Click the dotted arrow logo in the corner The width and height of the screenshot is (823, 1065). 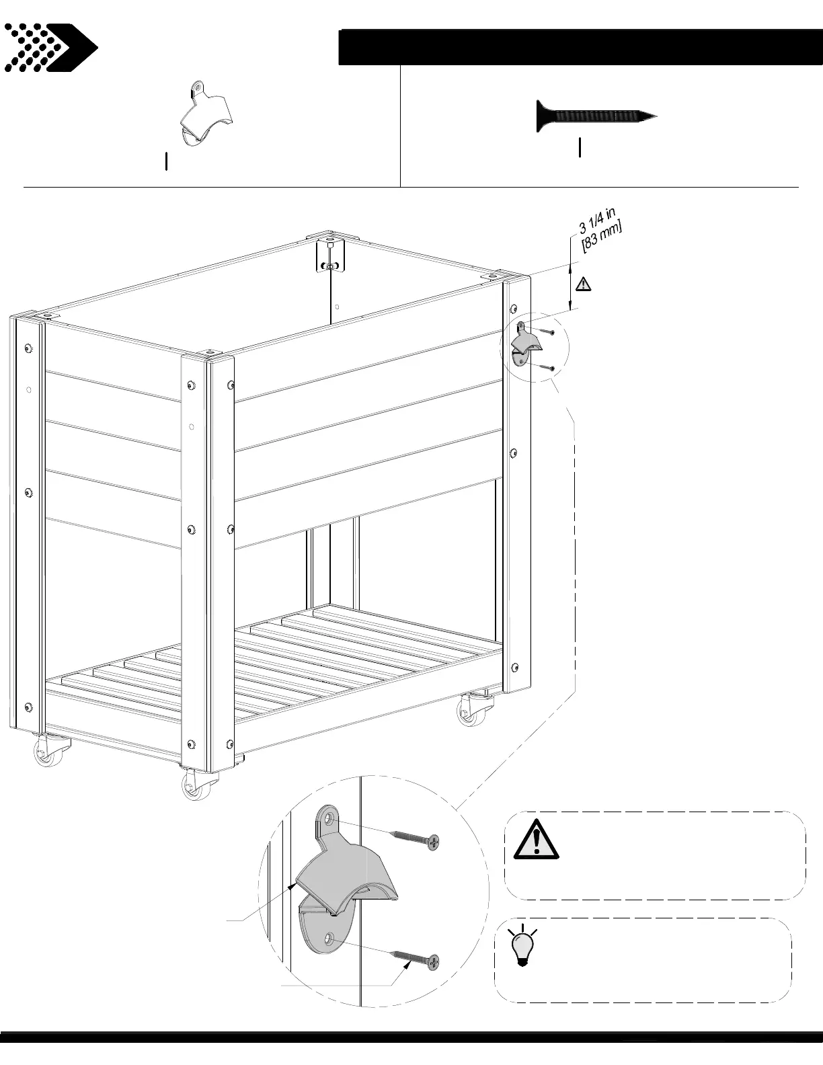tap(50, 48)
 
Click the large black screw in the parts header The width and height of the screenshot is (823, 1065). tap(596, 116)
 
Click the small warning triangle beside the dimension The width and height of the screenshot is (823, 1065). tap(583, 284)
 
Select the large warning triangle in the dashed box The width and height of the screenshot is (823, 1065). tap(536, 839)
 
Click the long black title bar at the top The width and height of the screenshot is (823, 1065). tap(580, 47)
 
